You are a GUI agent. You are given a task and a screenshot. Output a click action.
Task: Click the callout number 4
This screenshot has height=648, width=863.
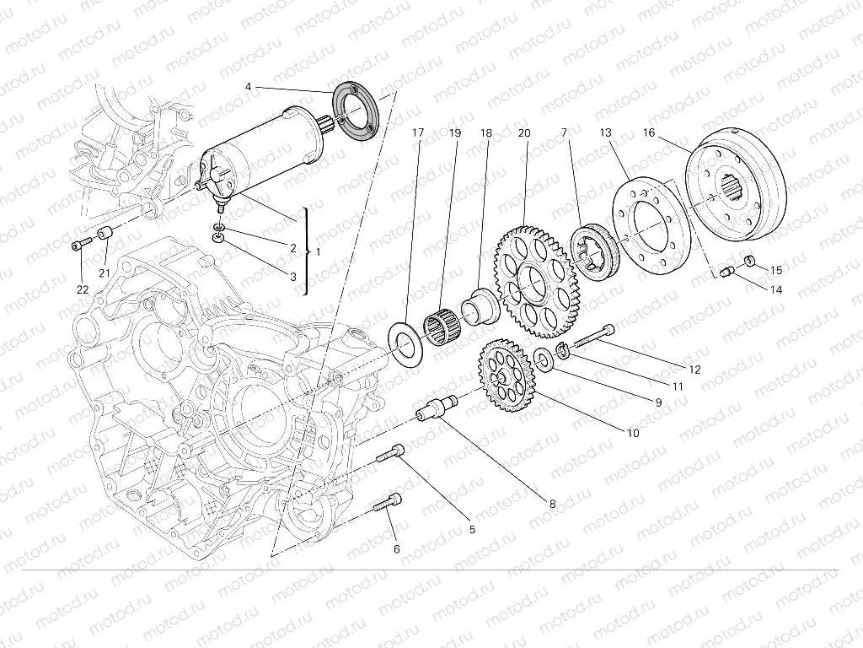pos(249,87)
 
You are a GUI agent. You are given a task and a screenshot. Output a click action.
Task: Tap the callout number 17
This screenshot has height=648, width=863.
pos(419,132)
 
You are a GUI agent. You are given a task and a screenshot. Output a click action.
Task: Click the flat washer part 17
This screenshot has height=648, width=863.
pos(408,342)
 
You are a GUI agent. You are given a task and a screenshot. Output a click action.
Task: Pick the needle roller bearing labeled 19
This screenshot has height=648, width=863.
pos(443,325)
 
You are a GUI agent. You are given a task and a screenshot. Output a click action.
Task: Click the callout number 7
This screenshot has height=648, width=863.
pos(566,132)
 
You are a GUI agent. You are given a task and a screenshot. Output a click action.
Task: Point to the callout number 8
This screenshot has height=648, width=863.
pos(552,504)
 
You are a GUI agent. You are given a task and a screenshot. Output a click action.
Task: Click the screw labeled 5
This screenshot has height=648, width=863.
pos(389,455)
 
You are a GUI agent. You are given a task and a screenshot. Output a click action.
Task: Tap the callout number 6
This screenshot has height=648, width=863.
pos(397,549)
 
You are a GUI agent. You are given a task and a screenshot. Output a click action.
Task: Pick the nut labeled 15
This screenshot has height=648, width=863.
pos(747,259)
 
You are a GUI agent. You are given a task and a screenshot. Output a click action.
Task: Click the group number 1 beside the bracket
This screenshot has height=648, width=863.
pos(317,251)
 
